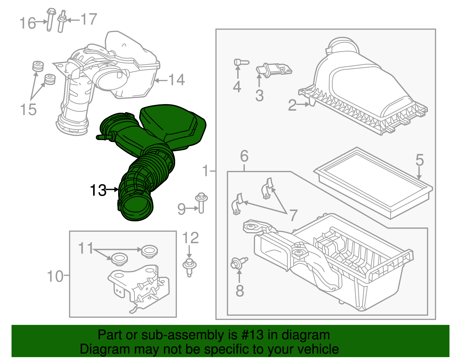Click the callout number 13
click(98, 190)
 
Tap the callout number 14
click(177, 80)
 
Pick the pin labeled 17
click(62, 21)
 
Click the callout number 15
click(28, 110)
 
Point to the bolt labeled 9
click(201, 203)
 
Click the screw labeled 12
click(190, 268)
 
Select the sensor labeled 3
click(274, 70)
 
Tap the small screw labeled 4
click(241, 62)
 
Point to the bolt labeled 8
click(239, 263)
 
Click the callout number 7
click(293, 215)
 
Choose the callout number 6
click(244, 156)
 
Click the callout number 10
click(55, 276)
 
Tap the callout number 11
click(86, 248)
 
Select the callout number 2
click(292, 105)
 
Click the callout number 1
click(206, 171)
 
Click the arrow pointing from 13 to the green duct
click(112, 189)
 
